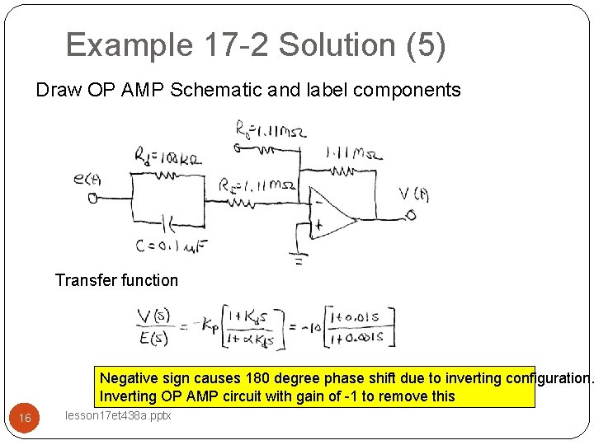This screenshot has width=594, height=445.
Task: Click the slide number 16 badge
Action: coord(25,419)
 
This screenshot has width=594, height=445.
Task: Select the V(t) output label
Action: coord(413,194)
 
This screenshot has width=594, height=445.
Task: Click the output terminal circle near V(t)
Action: coord(410,216)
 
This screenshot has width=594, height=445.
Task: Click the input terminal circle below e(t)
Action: coord(92,198)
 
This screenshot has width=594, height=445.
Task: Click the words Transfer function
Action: coord(116,280)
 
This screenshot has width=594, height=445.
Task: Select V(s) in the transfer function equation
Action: coord(154,315)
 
